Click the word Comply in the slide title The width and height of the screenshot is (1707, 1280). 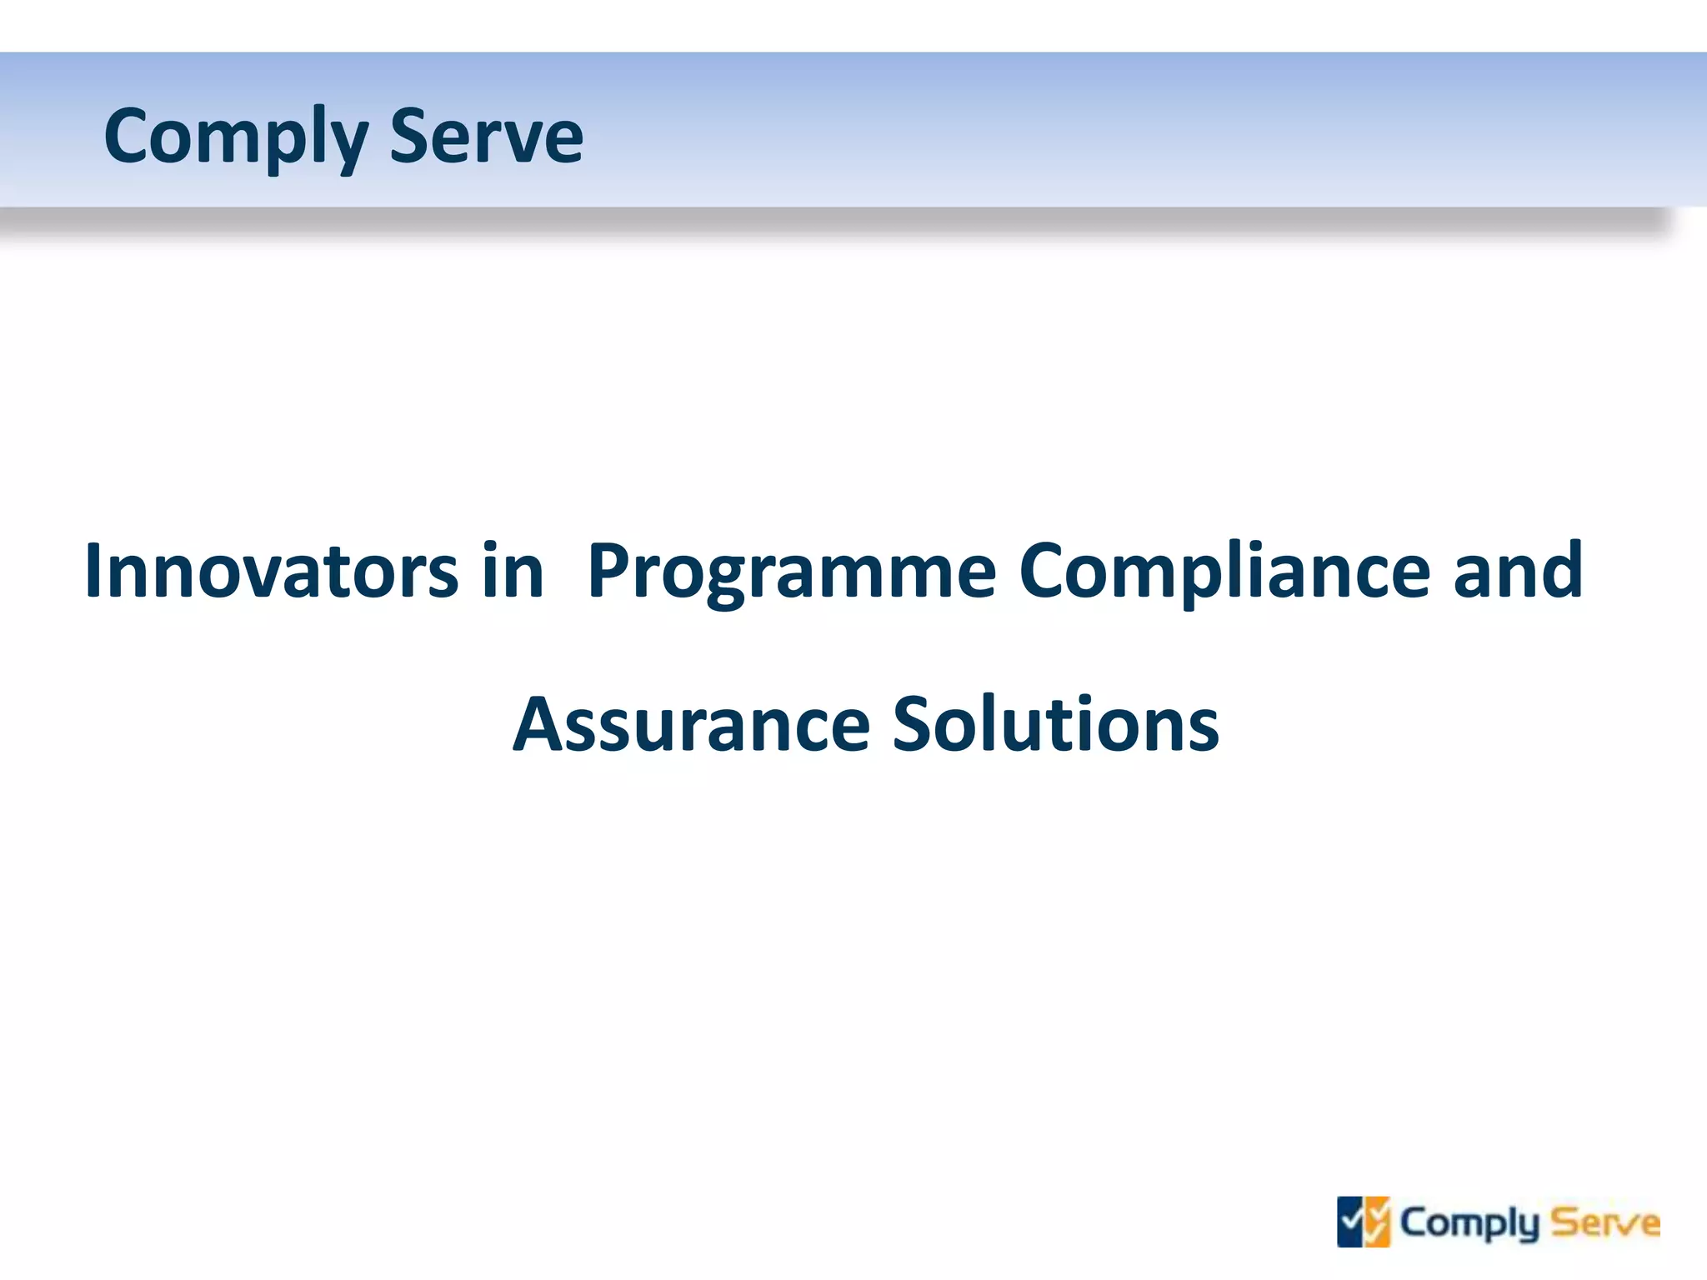click(x=236, y=137)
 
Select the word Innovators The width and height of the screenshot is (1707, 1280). click(x=271, y=571)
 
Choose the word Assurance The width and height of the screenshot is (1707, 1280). click(x=691, y=725)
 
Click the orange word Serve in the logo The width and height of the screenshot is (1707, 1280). click(x=1604, y=1223)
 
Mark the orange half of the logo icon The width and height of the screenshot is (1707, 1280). click(x=1378, y=1222)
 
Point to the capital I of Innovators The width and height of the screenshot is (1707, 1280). click(x=93, y=571)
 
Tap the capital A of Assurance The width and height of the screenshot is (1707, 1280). click(x=538, y=725)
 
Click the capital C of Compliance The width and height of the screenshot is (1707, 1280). click(x=1043, y=571)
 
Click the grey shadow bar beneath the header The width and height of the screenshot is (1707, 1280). click(x=833, y=222)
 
